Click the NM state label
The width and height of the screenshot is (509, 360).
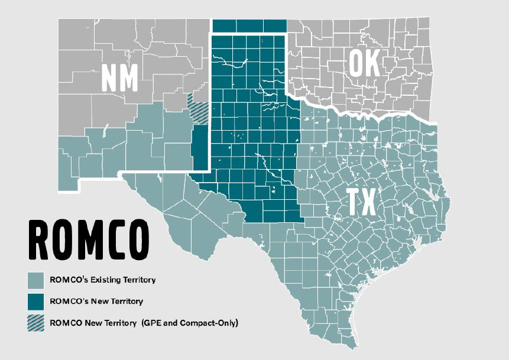pyautogui.click(x=120, y=78)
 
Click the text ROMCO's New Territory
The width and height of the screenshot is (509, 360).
pyautogui.click(x=97, y=301)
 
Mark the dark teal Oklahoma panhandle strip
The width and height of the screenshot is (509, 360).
pyautogui.click(x=249, y=25)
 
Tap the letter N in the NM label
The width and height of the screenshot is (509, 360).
pyautogui.click(x=109, y=78)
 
